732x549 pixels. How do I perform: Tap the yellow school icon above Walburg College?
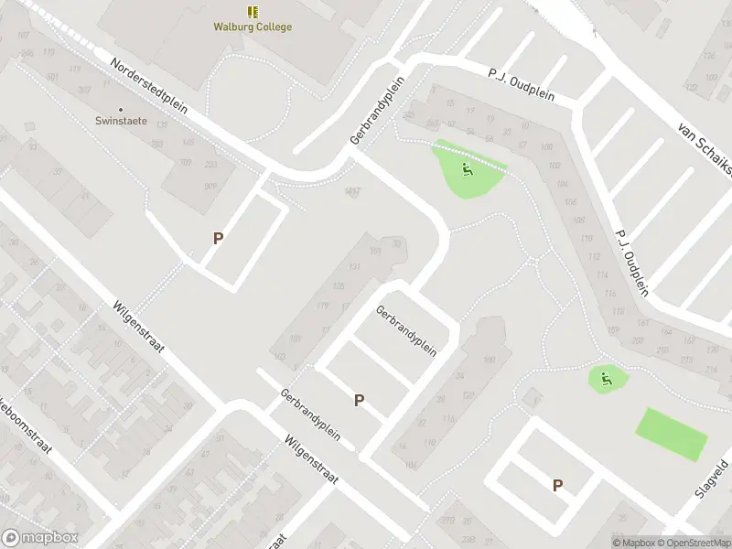[253, 12]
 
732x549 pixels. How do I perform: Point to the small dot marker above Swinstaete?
[121, 109]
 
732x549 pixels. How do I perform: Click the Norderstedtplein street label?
[148, 89]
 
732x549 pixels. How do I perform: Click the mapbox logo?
[40, 538]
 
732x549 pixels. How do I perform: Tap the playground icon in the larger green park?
[467, 168]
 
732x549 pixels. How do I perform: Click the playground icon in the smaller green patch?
[604, 377]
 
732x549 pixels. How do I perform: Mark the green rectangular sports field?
[672, 434]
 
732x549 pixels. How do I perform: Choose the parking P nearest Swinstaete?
[218, 238]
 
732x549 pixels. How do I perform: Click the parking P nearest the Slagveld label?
[557, 486]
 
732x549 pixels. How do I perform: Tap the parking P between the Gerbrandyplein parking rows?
[360, 400]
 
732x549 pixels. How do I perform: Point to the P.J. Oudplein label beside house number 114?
[631, 261]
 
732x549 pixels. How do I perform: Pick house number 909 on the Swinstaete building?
[210, 187]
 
